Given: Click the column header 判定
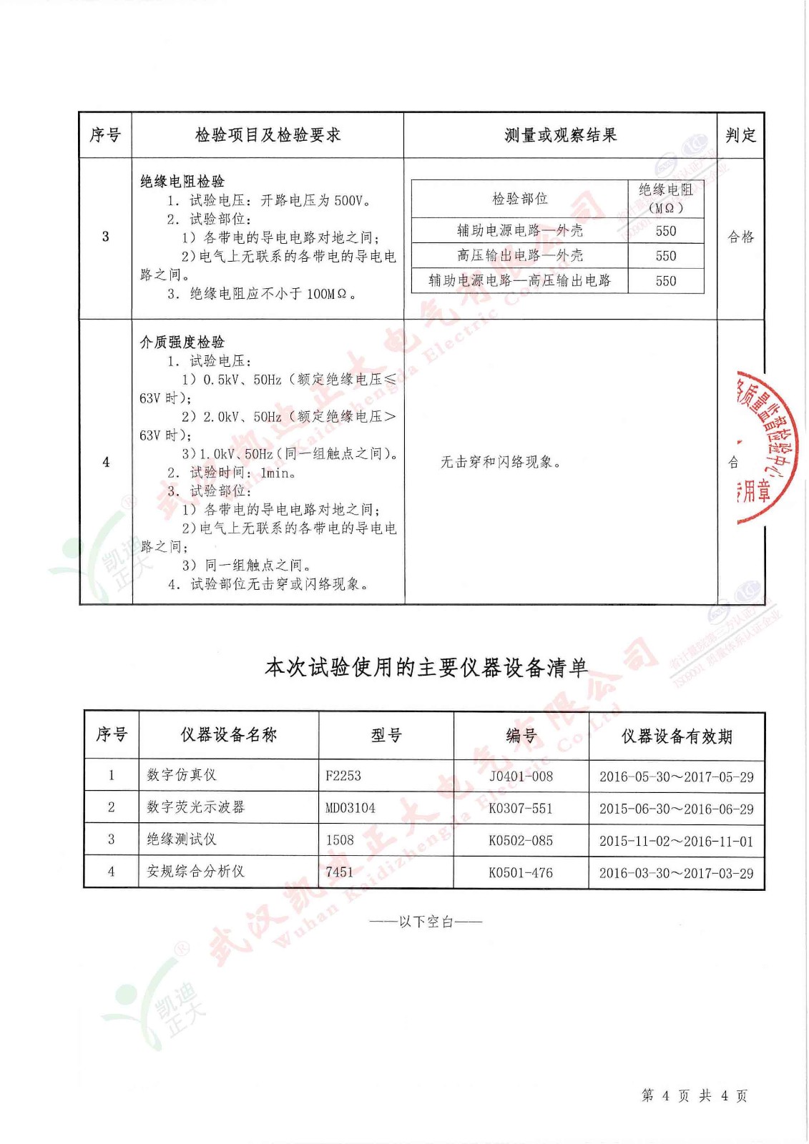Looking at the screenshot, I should click(x=740, y=135).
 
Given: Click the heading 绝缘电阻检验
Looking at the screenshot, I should click(x=182, y=182).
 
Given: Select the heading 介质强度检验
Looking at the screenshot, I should click(x=182, y=342).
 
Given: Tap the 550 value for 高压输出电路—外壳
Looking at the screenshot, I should click(x=665, y=256).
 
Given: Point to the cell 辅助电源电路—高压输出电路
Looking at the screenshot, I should click(x=519, y=280).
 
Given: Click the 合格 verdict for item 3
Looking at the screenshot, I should click(x=740, y=237).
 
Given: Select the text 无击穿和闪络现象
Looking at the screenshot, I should click(x=500, y=463).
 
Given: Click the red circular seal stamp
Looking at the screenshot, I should click(x=765, y=447).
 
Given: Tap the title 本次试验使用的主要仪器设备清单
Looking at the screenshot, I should click(x=426, y=668).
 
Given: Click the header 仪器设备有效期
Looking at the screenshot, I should click(x=676, y=736).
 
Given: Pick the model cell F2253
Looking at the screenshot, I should click(x=343, y=776).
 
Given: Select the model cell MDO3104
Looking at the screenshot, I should click(x=350, y=808).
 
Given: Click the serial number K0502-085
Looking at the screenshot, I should click(x=521, y=841).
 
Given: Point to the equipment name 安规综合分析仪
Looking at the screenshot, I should click(x=196, y=872).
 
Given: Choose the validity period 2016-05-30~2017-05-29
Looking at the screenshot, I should click(x=676, y=777).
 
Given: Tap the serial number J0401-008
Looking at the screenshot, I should click(x=521, y=776).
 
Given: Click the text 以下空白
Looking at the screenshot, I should click(x=426, y=922).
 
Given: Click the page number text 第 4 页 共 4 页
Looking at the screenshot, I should click(x=694, y=1096).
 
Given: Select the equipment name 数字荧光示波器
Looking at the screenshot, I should click(x=196, y=807).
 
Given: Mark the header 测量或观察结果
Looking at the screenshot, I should click(x=560, y=135).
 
